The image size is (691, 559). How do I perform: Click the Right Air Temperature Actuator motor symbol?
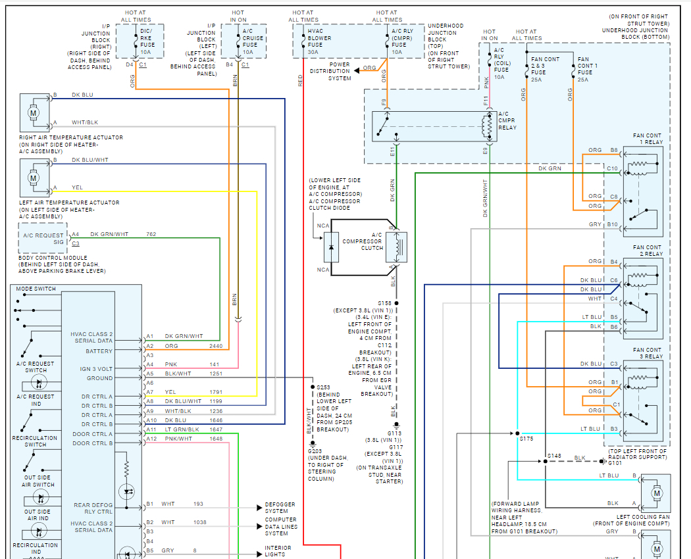[x=33, y=112]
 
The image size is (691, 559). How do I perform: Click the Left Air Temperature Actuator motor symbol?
[x=33, y=178]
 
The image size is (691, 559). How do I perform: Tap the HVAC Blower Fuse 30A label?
[x=319, y=41]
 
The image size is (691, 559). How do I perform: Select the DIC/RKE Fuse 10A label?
[x=147, y=41]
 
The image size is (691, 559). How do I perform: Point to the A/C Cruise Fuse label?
[x=253, y=41]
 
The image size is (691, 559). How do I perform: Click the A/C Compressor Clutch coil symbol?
[x=398, y=247]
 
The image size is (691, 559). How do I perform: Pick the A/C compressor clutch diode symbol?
[x=331, y=247]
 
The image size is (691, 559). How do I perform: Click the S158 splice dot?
[x=396, y=303]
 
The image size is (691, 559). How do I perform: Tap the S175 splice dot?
[x=517, y=433]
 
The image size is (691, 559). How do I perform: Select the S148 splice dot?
[x=545, y=461]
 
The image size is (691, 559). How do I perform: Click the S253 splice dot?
[x=313, y=387]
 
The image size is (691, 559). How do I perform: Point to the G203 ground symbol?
[x=313, y=444]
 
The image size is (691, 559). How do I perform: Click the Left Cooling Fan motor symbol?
[x=657, y=493]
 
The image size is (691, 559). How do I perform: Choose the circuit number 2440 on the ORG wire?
[x=216, y=346]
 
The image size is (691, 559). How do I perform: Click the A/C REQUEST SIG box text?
[x=43, y=239]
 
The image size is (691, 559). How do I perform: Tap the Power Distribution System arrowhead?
[x=357, y=70]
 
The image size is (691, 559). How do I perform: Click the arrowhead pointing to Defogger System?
[x=259, y=508]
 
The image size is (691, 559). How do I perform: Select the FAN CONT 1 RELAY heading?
[x=648, y=139]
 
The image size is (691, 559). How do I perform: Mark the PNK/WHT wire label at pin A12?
[x=178, y=439]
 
